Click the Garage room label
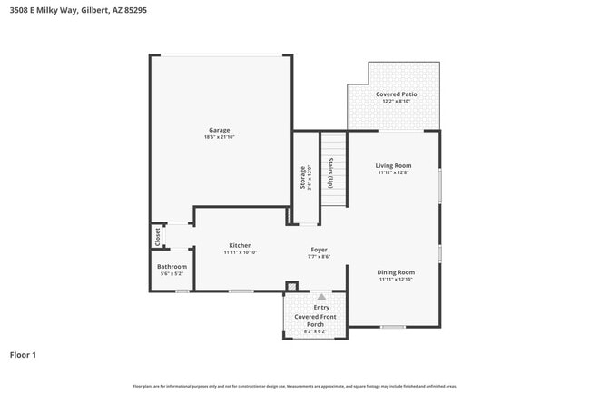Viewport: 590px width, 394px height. pyautogui.click(x=219, y=130)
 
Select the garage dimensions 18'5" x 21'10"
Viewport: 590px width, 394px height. pyautogui.click(x=219, y=137)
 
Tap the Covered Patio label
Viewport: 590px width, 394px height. pyautogui.click(x=396, y=94)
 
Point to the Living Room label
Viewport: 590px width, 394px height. pyautogui.click(x=394, y=165)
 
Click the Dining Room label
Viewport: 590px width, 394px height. pyautogui.click(x=396, y=272)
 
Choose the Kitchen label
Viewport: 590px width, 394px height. pyautogui.click(x=241, y=245)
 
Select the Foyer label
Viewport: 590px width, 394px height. pyautogui.click(x=319, y=250)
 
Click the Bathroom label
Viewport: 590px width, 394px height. pyautogui.click(x=172, y=266)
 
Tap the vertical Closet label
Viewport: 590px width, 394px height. pyautogui.click(x=157, y=236)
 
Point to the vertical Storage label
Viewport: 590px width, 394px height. pyautogui.click(x=303, y=177)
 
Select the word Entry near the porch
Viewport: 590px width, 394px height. pyautogui.click(x=321, y=308)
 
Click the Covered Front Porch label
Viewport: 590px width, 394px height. pyautogui.click(x=315, y=320)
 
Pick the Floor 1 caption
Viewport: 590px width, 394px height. pyautogui.click(x=23, y=355)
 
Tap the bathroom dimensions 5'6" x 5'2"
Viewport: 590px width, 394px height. pyautogui.click(x=172, y=273)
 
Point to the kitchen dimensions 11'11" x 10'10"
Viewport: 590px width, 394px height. pyautogui.click(x=241, y=252)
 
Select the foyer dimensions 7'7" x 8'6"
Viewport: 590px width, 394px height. pyautogui.click(x=319, y=257)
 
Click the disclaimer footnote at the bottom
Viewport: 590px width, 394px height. pyautogui.click(x=295, y=386)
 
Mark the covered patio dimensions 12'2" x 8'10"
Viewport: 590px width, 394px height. pyautogui.click(x=396, y=102)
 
